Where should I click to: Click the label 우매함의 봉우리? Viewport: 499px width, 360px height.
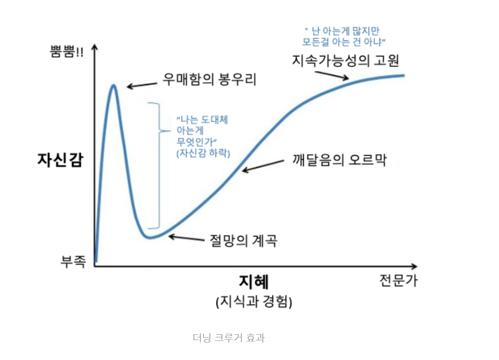click(209, 79)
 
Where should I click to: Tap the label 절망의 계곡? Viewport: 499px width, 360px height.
click(243, 241)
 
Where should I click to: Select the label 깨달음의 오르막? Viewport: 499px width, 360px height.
click(340, 160)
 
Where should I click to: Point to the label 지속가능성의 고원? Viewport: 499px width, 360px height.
click(345, 60)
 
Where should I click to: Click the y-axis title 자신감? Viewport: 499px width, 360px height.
click(60, 160)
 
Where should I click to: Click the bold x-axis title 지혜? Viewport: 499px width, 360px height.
click(254, 281)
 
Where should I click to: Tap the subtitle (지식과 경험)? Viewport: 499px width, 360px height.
click(254, 301)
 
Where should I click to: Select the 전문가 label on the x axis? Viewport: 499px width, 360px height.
click(398, 281)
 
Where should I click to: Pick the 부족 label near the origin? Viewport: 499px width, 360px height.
click(73, 261)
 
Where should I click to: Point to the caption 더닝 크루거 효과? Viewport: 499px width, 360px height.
click(229, 338)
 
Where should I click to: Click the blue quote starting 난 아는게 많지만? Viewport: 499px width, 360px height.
click(344, 36)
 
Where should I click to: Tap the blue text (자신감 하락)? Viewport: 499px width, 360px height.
click(203, 153)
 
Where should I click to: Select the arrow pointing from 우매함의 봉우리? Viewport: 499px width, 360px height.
click(142, 85)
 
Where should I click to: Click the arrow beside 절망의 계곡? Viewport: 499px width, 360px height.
click(186, 238)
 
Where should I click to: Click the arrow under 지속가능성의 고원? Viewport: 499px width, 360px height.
click(332, 75)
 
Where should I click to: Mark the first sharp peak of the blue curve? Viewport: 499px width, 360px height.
click(113, 85)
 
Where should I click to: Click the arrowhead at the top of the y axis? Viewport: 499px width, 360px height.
click(94, 47)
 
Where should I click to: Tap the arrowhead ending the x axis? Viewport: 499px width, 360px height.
click(414, 266)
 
